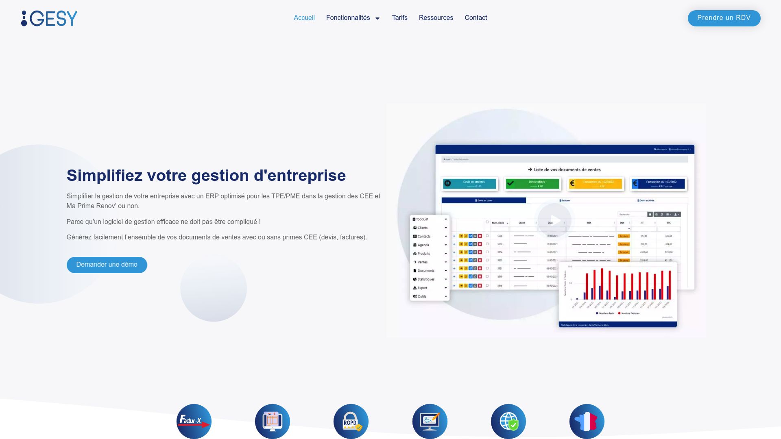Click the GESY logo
(x=49, y=18)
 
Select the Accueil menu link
(x=304, y=18)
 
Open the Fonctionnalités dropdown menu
(x=353, y=18)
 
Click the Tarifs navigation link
(x=399, y=18)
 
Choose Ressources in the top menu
(x=436, y=18)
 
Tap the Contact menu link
(x=476, y=18)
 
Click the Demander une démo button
(x=107, y=265)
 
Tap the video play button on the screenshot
(x=554, y=220)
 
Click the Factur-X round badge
(x=194, y=421)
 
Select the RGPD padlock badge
(x=351, y=421)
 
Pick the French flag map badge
(x=587, y=421)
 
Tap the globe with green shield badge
(x=508, y=421)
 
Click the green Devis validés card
(x=532, y=184)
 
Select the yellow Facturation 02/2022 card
(x=595, y=184)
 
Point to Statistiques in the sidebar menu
(x=426, y=279)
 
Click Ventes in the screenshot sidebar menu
(x=423, y=262)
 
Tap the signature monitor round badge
(x=430, y=421)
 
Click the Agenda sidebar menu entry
(x=423, y=245)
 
